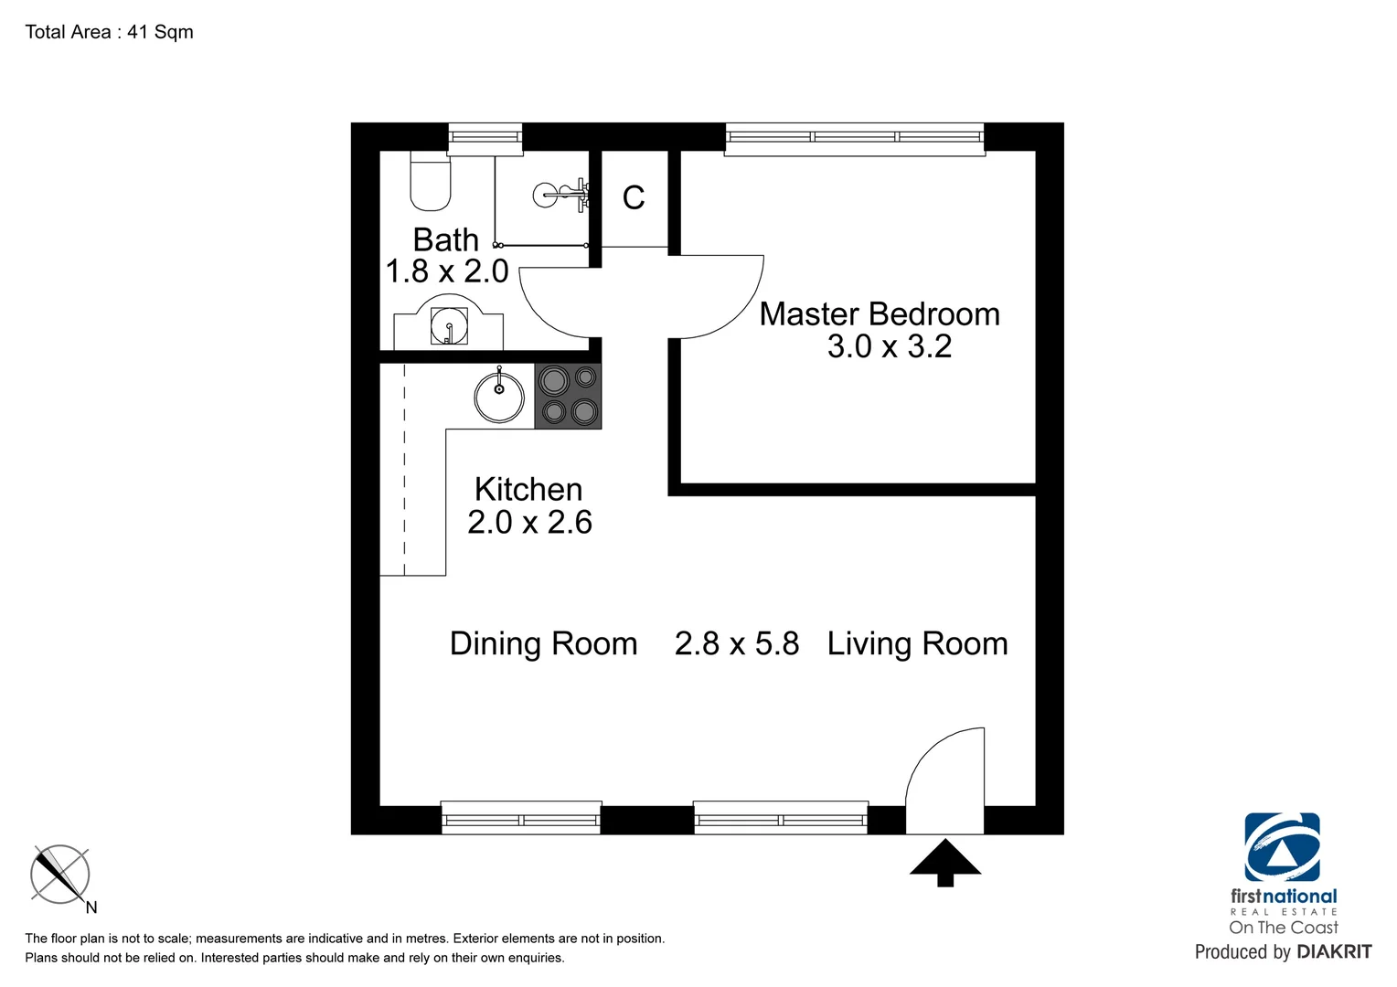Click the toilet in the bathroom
pyautogui.click(x=430, y=183)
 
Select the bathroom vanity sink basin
pyautogui.click(x=449, y=326)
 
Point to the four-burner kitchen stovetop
pyautogui.click(x=568, y=396)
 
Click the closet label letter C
pyautogui.click(x=634, y=197)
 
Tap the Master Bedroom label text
pyautogui.click(x=880, y=314)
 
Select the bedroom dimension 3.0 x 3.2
pyautogui.click(x=889, y=346)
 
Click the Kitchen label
pyautogui.click(x=528, y=490)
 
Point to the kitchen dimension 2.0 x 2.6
pyautogui.click(x=529, y=522)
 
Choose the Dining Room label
pyautogui.click(x=543, y=643)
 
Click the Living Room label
pyautogui.click(x=917, y=643)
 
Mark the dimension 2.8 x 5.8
pyautogui.click(x=737, y=643)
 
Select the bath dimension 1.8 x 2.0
pyautogui.click(x=447, y=271)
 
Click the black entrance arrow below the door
pyautogui.click(x=945, y=863)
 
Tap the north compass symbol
pyautogui.click(x=60, y=875)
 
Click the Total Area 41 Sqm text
pyautogui.click(x=110, y=32)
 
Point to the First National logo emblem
pyautogui.click(x=1282, y=847)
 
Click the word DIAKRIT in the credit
pyautogui.click(x=1334, y=952)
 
